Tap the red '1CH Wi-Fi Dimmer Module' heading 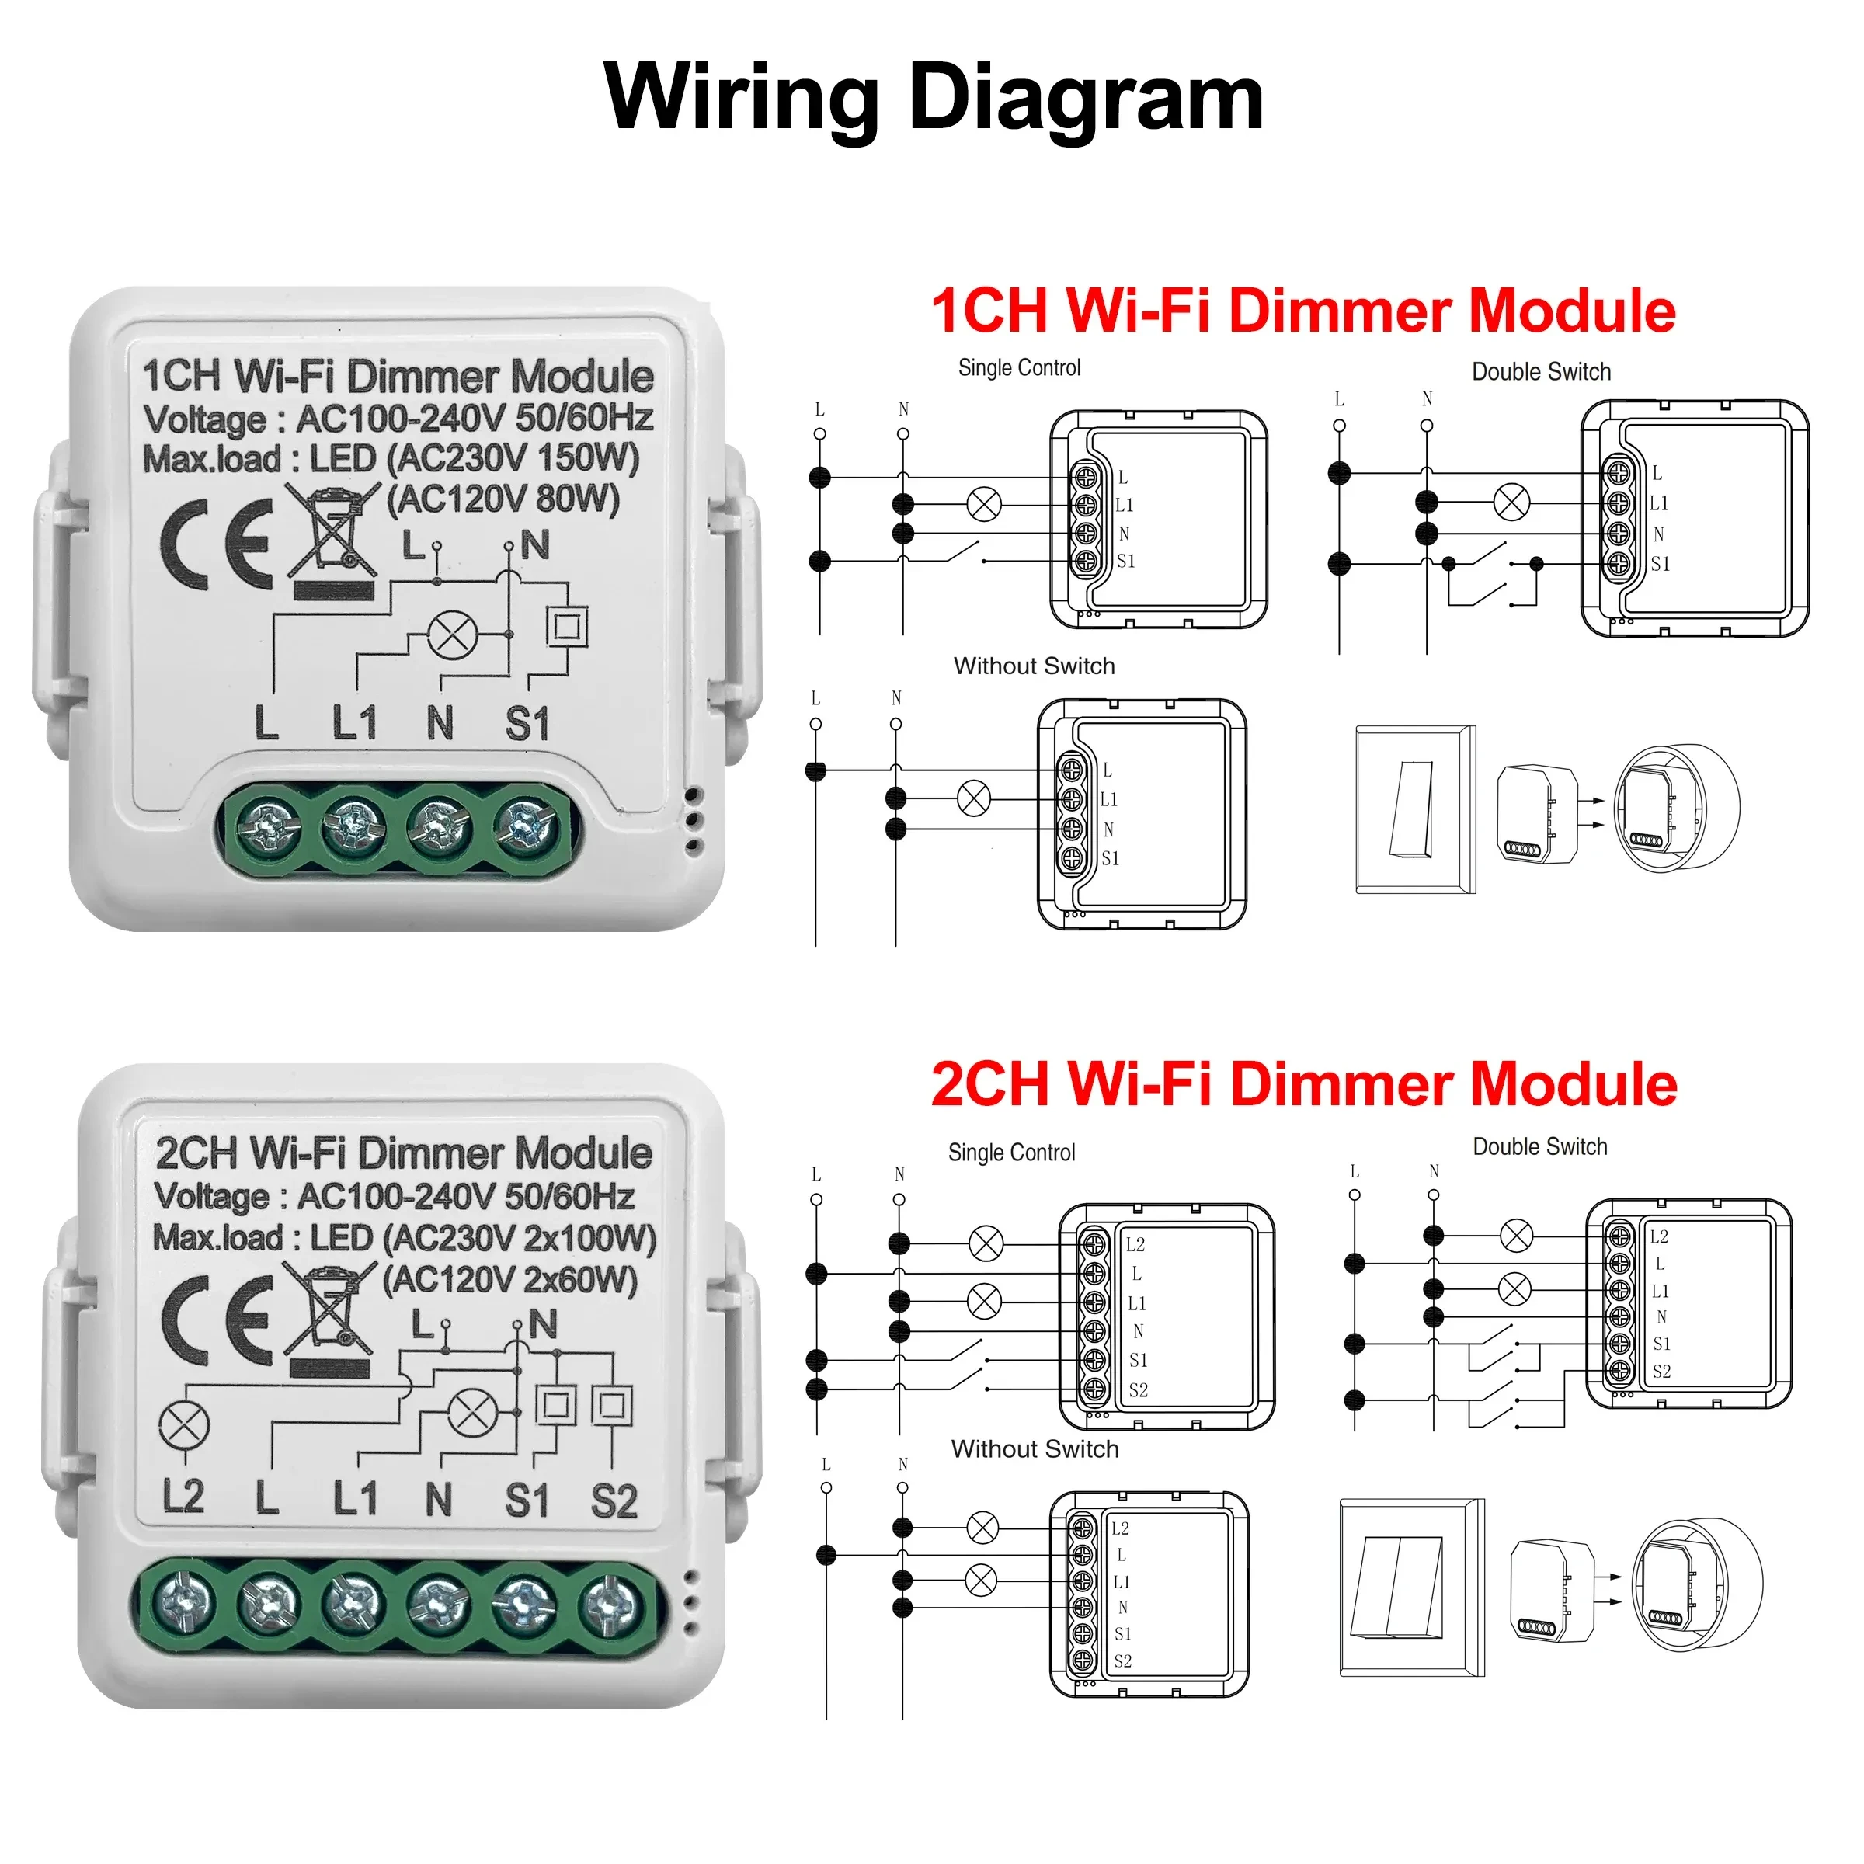(1302, 311)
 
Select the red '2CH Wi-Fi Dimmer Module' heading (1302, 1084)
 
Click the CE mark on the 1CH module (218, 545)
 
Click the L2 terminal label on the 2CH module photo (183, 1497)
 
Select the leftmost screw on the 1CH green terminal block (268, 829)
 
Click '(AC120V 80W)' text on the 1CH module (503, 499)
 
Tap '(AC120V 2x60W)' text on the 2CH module (509, 1279)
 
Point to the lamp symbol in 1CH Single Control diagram (984, 503)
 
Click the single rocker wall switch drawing (1414, 809)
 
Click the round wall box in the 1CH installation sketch (1677, 809)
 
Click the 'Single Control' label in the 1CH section (1019, 367)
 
